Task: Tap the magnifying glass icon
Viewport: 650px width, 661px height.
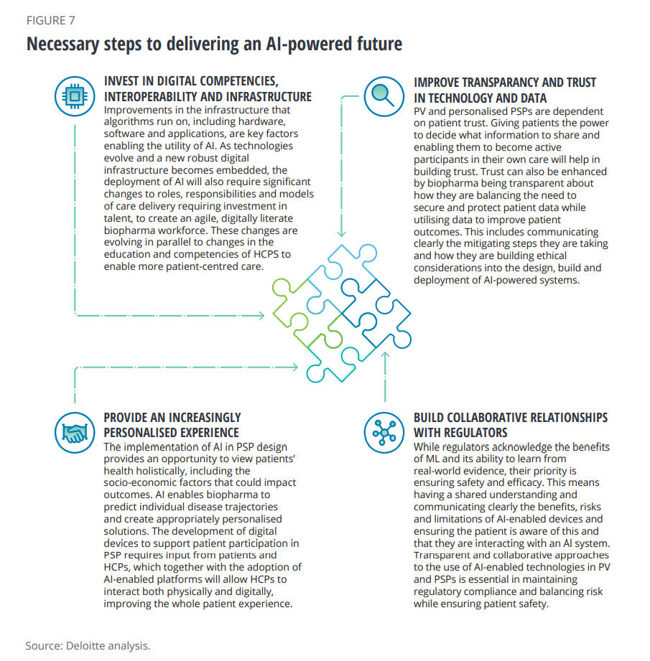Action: (383, 95)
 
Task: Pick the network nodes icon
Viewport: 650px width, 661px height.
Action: (383, 431)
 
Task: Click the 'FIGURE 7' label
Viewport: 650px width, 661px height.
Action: (50, 20)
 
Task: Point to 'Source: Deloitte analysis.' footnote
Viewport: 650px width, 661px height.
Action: (88, 645)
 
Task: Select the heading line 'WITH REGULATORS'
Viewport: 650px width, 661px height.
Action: (460, 433)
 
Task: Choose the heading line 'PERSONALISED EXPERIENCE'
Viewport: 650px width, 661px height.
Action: (171, 433)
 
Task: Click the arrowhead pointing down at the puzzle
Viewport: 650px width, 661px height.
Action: (343, 233)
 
